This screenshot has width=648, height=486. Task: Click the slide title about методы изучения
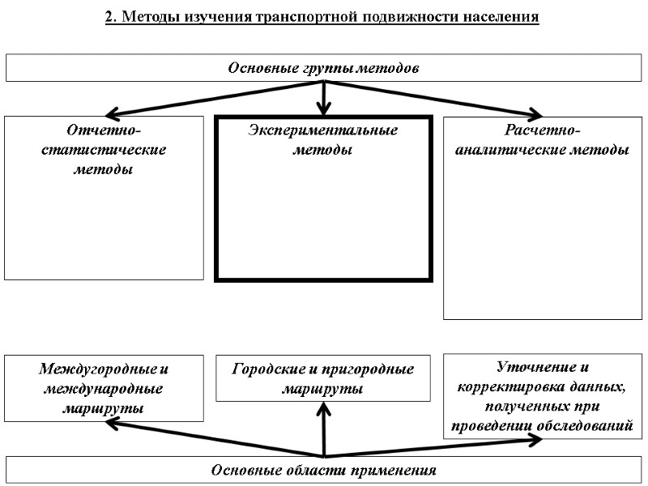point(322,17)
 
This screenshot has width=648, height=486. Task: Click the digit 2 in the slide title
point(109,17)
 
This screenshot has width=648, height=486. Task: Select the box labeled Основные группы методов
point(323,68)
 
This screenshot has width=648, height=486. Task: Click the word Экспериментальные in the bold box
point(322,131)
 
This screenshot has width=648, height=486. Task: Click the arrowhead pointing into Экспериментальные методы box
point(324,109)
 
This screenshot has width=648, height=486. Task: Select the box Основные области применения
point(323,471)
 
